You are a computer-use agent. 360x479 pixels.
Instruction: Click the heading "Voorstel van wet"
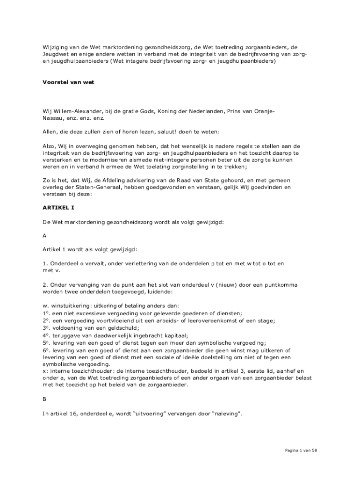68,82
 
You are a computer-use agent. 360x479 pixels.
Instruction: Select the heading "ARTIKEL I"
58,207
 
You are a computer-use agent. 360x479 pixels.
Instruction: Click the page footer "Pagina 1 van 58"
301,450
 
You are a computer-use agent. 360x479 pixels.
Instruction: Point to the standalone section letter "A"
44,236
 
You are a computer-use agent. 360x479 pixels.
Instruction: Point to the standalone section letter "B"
44,400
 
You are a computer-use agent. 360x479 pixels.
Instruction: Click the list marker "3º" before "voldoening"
46,327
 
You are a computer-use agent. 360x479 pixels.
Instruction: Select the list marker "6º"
46,350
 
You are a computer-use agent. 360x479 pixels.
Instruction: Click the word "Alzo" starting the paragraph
50,146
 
